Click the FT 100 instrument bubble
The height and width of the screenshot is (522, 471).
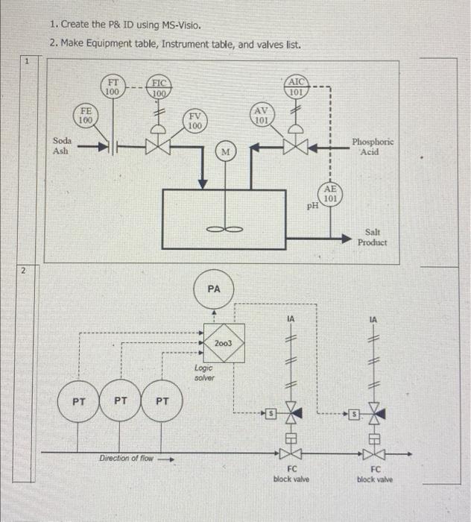pos(113,87)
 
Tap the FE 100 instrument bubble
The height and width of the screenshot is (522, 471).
pos(86,115)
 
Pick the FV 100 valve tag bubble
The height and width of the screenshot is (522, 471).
pos(194,122)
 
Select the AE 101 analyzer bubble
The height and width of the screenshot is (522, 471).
pos(332,195)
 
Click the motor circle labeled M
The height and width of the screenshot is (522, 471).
pos(224,153)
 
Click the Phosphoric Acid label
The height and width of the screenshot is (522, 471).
pos(373,146)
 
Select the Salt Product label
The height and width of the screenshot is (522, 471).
pos(372,238)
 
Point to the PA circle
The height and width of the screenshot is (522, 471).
pos(214,288)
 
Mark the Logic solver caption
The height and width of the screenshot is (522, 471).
pos(204,373)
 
